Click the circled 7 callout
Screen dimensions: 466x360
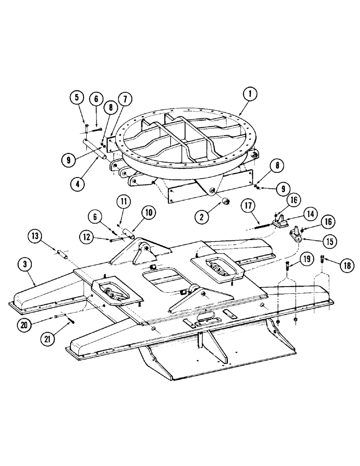pos(125,98)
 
